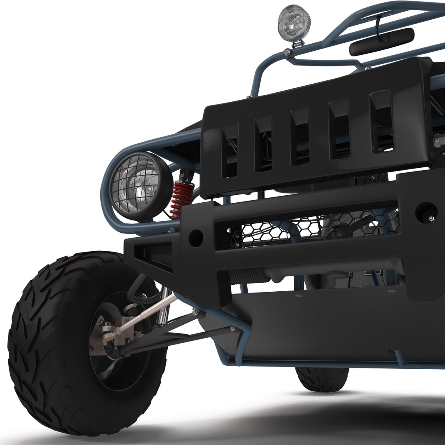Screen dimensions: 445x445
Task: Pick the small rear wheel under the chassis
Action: [321, 377]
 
